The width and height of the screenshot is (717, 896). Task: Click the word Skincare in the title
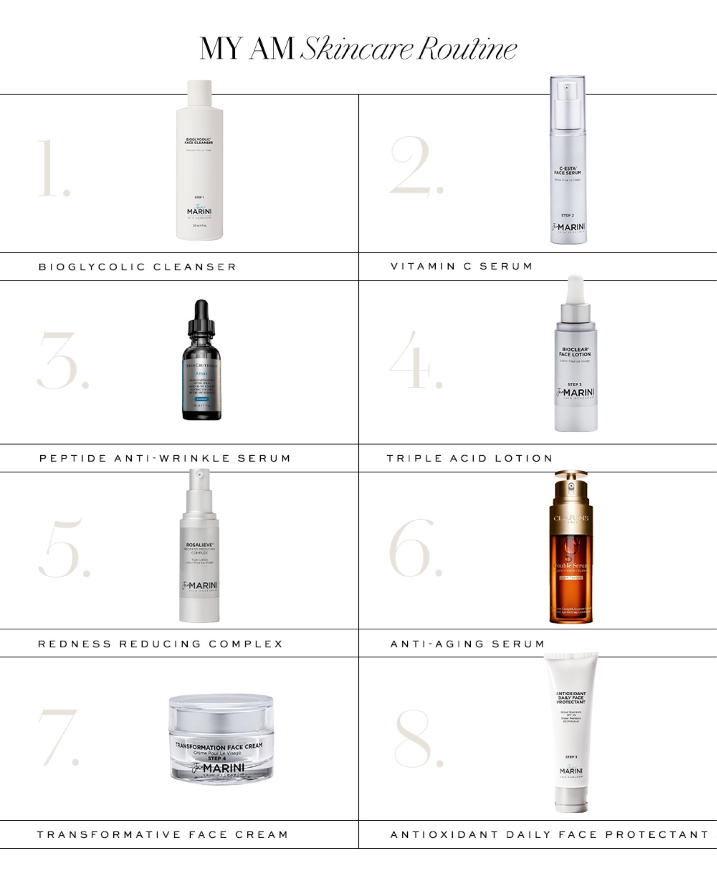tap(357, 49)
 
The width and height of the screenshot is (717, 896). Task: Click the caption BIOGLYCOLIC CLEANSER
tap(137, 267)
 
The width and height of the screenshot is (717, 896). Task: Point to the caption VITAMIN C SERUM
tap(461, 266)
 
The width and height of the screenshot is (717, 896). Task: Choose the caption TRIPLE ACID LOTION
tap(469, 458)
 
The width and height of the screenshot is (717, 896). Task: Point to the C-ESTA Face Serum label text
tap(567, 171)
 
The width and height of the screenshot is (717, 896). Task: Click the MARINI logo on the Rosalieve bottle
tap(199, 586)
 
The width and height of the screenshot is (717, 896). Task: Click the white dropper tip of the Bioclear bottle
tap(574, 290)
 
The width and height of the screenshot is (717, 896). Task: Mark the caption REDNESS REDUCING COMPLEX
tap(161, 644)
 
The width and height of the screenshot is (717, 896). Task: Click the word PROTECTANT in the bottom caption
tap(657, 835)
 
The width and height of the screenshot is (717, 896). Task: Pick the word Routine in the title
tap(467, 49)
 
